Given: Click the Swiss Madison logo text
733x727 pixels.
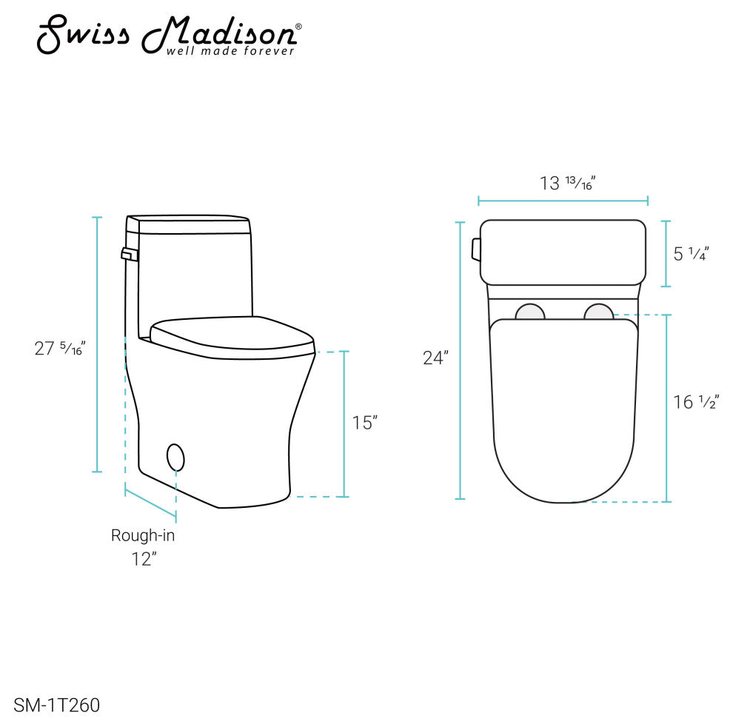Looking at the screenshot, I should pos(169,33).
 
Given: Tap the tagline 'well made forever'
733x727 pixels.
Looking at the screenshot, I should pos(230,51).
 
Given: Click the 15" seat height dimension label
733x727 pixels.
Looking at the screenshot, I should pos(365,423).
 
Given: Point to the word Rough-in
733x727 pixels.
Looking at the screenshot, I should pos(143,535).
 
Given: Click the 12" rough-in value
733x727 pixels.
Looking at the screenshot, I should pos(144,559).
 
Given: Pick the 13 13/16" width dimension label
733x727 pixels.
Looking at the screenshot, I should pos(568,183).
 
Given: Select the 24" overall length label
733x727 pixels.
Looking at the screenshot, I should pos(435,358).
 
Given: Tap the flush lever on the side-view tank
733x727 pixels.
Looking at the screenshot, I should pos(130,255).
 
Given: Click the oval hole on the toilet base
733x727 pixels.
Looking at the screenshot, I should pos(175,457).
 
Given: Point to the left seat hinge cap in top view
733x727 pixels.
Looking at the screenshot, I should pos(530,312).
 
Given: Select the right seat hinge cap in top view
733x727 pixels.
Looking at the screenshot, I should pos(598,312).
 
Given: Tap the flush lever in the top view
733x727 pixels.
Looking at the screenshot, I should pos(475,249).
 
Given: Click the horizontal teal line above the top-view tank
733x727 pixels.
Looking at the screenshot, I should pos(563,200).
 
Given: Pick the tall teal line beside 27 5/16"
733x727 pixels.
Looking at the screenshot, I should pos(96,344).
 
